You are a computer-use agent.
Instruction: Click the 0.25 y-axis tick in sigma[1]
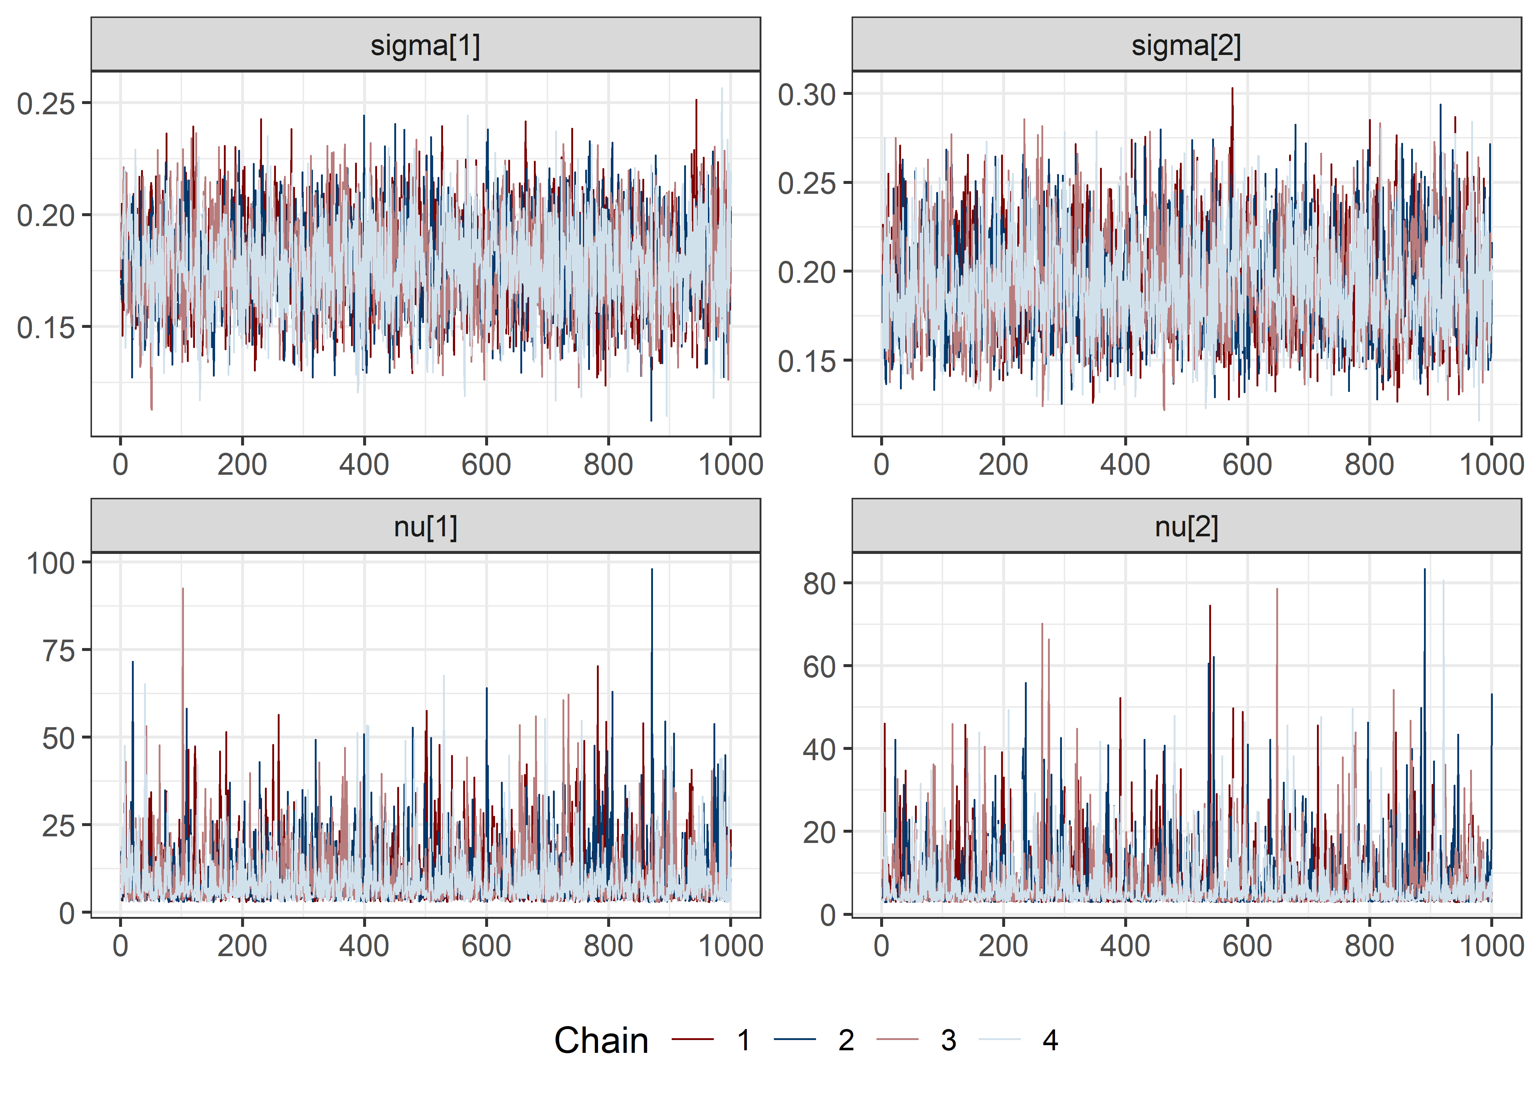(45, 104)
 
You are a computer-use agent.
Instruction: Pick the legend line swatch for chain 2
(795, 1039)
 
